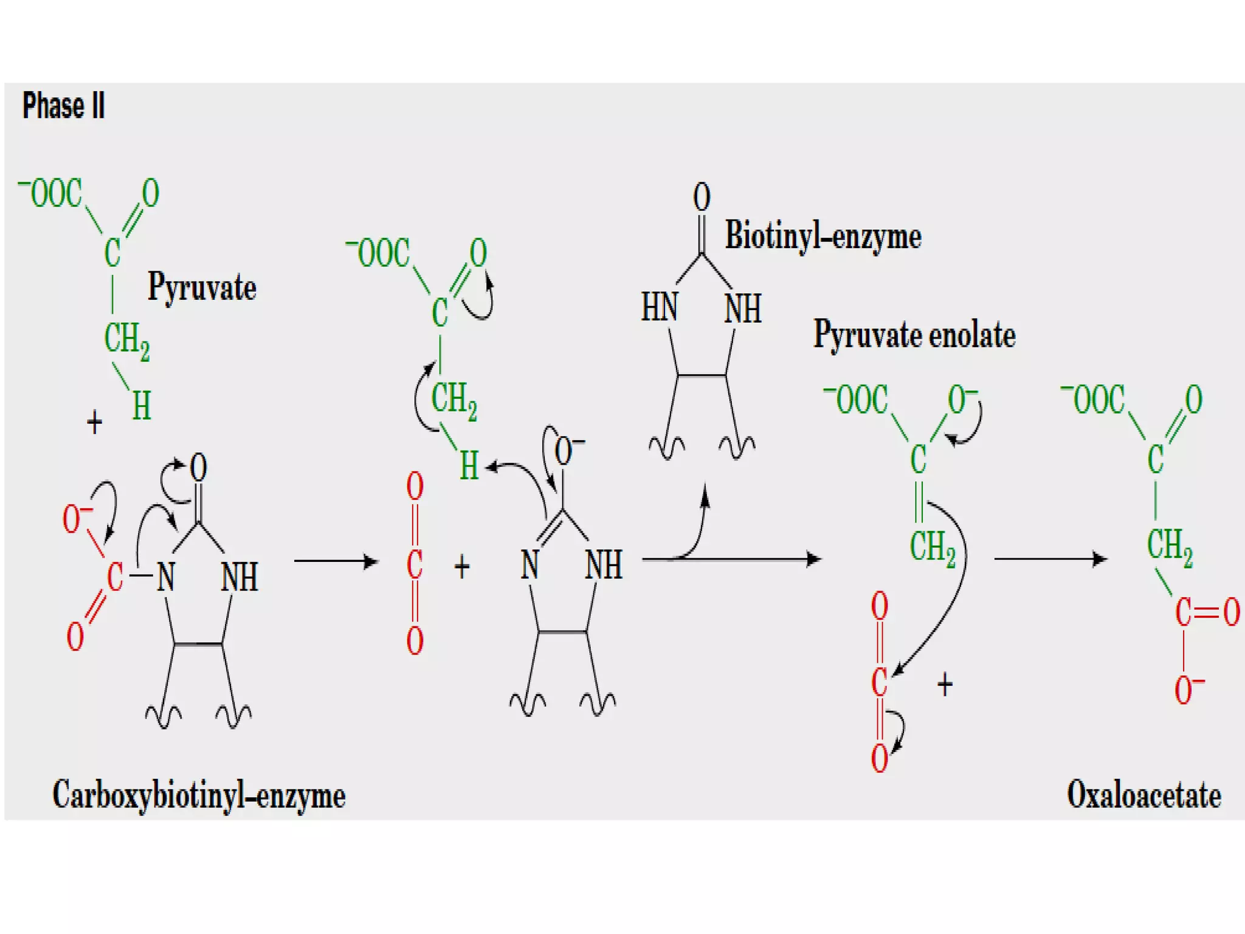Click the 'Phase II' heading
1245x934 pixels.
tap(64, 105)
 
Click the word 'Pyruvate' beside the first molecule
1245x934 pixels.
tap(202, 287)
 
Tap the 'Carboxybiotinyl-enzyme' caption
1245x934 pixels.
tap(199, 795)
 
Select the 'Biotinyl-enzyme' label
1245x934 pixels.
tap(823, 236)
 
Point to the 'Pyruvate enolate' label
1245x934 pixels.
tap(914, 335)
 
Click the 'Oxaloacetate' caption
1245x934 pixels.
tap(1143, 795)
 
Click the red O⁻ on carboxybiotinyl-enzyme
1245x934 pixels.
tap(74, 519)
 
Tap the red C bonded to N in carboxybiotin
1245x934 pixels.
tap(114, 576)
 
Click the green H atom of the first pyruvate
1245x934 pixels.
tap(142, 406)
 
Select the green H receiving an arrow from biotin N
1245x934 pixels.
tap(469, 466)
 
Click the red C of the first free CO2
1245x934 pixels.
tap(415, 564)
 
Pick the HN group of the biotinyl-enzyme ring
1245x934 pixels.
tap(660, 307)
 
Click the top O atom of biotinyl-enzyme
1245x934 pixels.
tap(702, 198)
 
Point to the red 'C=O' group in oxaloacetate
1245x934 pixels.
tap(1206, 612)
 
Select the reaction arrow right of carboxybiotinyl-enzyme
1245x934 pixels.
tap(336, 561)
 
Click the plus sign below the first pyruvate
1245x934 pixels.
tap(94, 422)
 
